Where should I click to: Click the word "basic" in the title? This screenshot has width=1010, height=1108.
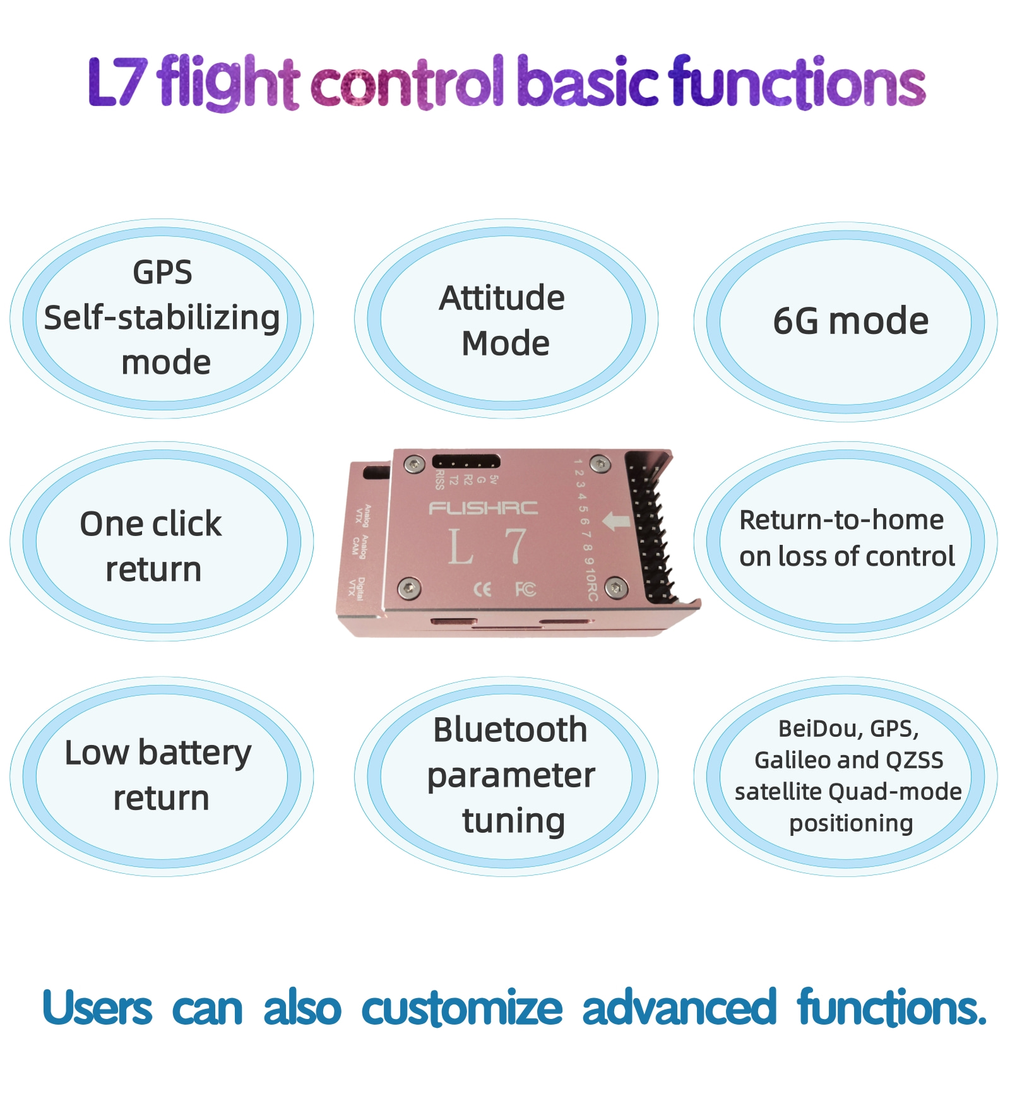(x=588, y=82)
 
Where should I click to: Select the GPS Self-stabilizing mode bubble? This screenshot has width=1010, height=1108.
(x=162, y=318)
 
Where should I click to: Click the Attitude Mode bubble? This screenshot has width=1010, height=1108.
(x=506, y=319)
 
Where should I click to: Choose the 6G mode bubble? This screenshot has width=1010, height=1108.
(x=845, y=321)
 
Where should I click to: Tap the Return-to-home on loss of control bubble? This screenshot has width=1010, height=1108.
(x=845, y=540)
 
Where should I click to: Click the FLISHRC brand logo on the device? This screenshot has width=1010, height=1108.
(x=483, y=508)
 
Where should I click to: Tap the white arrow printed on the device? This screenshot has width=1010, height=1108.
(x=617, y=521)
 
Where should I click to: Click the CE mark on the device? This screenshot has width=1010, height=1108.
(x=482, y=590)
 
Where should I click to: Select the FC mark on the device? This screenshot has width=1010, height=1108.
(x=525, y=590)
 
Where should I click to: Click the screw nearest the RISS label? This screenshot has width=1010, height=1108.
(x=414, y=465)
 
